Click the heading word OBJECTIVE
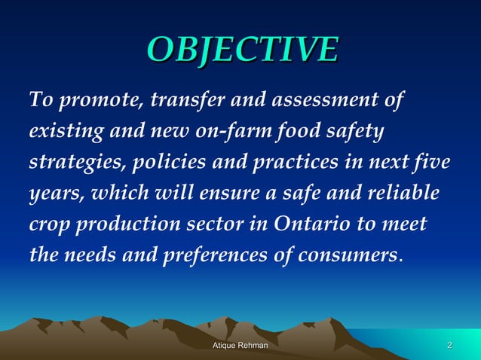pyautogui.click(x=241, y=49)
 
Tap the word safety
pyautogui.click(x=356, y=131)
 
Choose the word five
pyautogui.click(x=432, y=163)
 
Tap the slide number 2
pyautogui.click(x=449, y=346)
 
